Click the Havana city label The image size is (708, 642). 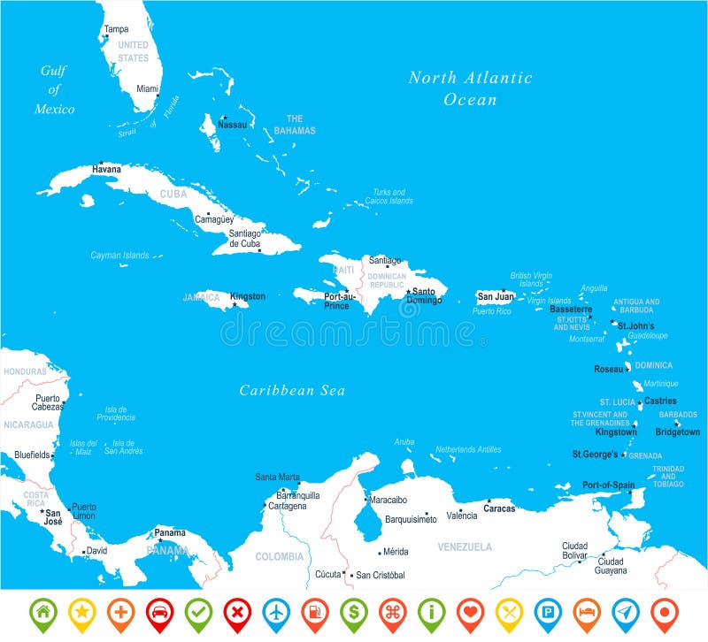[107, 169]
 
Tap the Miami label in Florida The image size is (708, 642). [148, 88]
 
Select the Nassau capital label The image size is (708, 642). [232, 126]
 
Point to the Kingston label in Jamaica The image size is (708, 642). [247, 296]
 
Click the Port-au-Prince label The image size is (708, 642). [338, 301]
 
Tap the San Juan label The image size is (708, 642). [495, 296]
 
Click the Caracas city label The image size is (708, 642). [499, 508]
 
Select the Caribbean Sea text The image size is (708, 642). [292, 390]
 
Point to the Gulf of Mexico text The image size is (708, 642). [54, 89]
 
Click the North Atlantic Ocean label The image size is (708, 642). [470, 88]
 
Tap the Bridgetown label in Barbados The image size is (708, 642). [677, 432]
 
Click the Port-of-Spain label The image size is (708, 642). [608, 485]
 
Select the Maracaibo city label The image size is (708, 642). [388, 500]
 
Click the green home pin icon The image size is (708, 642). [43, 610]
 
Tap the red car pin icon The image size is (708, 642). [160, 610]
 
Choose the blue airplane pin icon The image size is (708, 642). [276, 610]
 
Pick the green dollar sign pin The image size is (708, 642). [353, 610]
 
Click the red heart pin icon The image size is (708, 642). [470, 610]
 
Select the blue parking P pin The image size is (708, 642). [548, 610]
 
